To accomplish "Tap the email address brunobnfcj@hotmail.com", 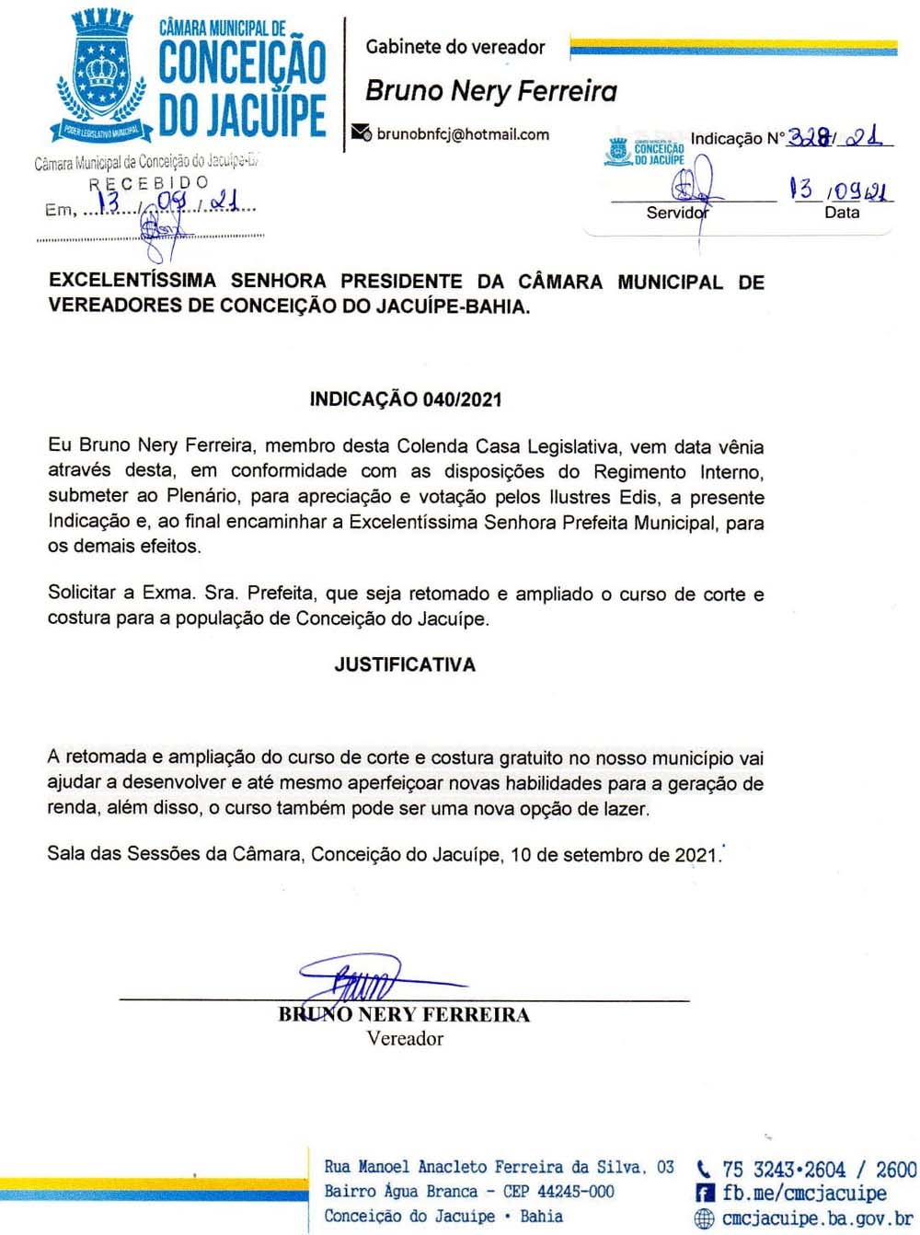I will tap(463, 134).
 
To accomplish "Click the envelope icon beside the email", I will tap(362, 133).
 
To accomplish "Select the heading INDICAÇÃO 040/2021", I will tap(406, 399).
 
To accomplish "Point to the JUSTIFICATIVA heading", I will tap(405, 664).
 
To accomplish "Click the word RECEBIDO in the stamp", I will tap(149, 183).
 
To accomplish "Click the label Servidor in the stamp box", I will tap(677, 213).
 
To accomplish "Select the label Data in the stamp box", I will tap(842, 213).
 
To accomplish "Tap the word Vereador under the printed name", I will tap(405, 1039).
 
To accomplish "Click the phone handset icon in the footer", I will tap(705, 1170).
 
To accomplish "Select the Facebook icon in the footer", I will tap(705, 1194).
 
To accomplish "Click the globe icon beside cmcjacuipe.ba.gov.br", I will tap(705, 1218).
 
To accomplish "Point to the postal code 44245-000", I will tap(576, 1191).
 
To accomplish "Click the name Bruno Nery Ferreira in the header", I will tap(491, 90).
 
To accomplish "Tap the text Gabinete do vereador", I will tap(455, 47).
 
